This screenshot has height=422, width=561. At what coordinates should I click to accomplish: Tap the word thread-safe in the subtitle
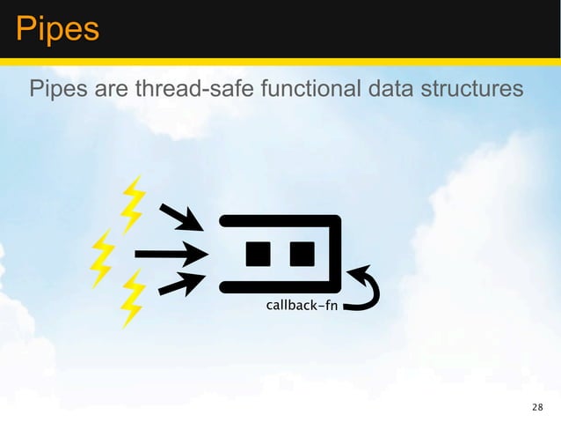coord(200,90)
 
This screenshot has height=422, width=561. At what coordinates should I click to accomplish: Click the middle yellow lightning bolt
coord(104,256)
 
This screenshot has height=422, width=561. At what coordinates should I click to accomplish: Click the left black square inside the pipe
coord(259,254)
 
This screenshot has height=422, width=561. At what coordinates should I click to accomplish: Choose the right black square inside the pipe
coord(302,254)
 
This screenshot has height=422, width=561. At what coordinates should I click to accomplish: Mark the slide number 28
coord(538,407)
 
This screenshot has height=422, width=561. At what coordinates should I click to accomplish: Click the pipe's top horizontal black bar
coord(277,220)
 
